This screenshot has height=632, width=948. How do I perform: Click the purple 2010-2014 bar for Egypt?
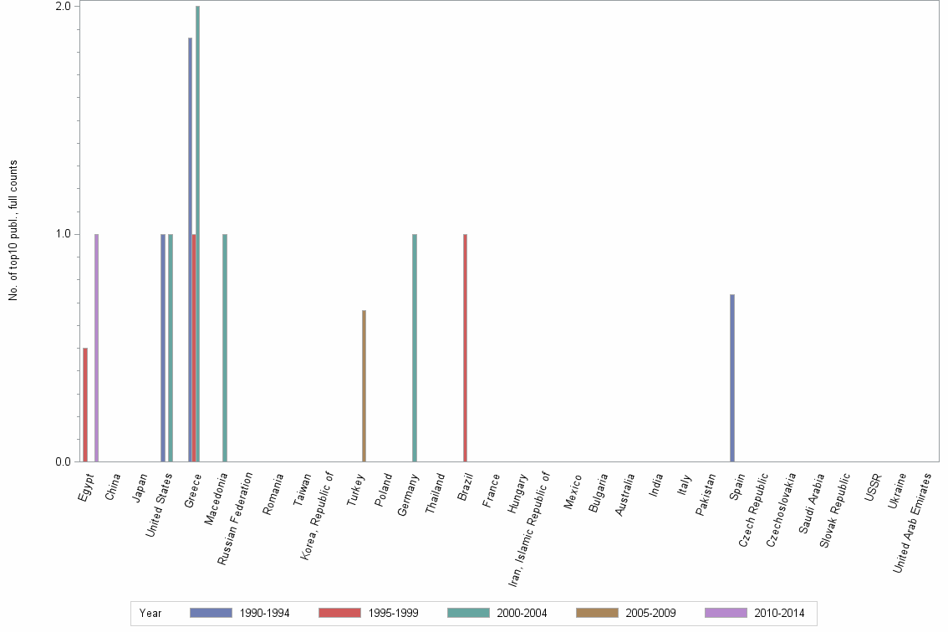[x=97, y=347]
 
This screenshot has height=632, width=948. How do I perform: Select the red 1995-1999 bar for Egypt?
[x=85, y=405]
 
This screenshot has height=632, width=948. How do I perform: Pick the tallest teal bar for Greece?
[x=198, y=234]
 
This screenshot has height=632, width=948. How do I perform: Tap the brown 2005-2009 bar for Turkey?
[x=364, y=385]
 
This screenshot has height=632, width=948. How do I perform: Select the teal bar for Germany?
[x=415, y=347]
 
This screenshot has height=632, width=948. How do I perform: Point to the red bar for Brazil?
[x=465, y=347]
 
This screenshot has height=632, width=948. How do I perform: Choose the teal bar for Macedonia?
[x=225, y=347]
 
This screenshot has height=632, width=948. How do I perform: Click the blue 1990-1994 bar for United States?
[x=163, y=347]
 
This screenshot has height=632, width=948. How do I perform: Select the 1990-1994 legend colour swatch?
[x=211, y=613]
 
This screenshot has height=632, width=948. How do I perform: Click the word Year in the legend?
[x=151, y=613]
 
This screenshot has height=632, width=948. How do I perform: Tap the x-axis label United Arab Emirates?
[x=913, y=522]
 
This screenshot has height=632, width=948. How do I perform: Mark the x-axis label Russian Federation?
[x=236, y=518]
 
